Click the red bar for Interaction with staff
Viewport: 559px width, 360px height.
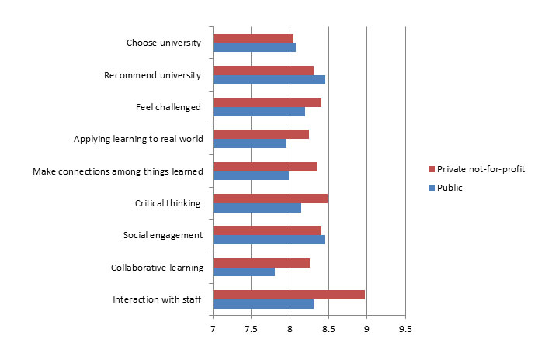point(289,295)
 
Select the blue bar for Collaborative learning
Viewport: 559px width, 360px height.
point(244,272)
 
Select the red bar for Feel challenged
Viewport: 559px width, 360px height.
point(267,102)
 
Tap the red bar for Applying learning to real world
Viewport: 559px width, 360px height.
point(261,134)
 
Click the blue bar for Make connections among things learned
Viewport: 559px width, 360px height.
point(251,175)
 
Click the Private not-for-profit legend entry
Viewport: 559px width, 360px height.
point(481,169)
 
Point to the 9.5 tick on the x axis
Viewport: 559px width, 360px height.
point(405,329)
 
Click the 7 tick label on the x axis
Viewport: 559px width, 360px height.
point(213,329)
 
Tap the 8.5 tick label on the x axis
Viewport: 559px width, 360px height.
point(328,329)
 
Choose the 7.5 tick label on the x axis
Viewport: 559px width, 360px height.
point(251,329)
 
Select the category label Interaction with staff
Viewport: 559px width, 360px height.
point(158,299)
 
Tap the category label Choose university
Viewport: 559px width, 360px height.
point(163,43)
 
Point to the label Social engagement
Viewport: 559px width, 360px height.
point(163,235)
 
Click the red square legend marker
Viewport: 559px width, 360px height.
point(431,169)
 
